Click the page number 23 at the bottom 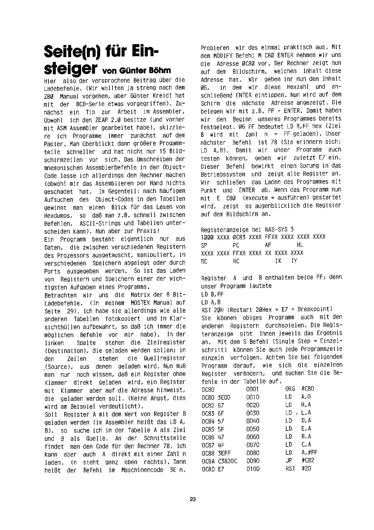point(193,499)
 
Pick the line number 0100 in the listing point(253,469)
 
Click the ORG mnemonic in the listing point(290,389)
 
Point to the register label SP point(204,245)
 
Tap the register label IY point(294,261)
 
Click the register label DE point(204,261)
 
